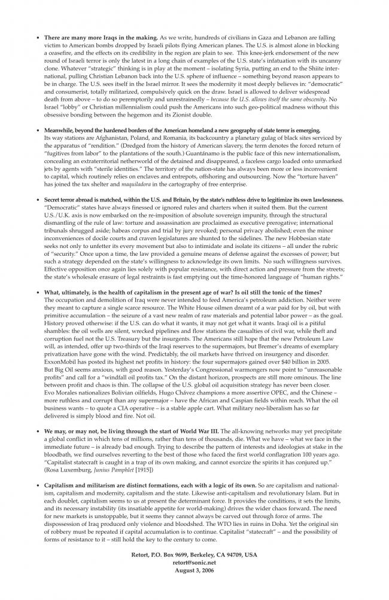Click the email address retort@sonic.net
tap(194, 562)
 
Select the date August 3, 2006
tap(194, 570)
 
